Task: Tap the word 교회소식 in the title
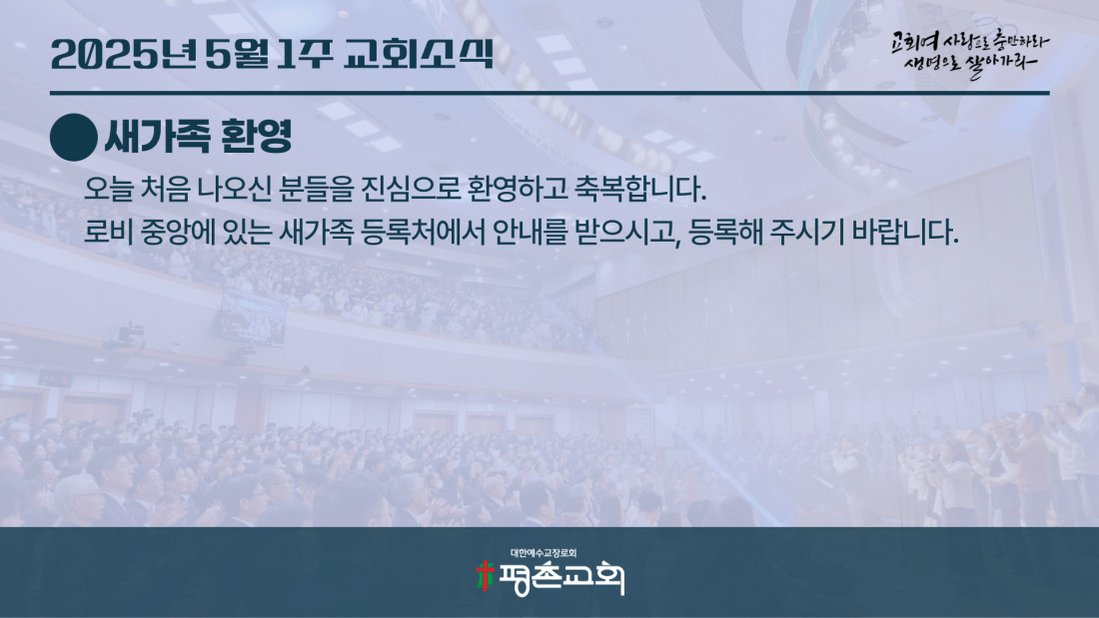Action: [x=420, y=54]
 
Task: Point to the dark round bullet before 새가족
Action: [x=74, y=138]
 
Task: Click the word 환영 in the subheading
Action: [x=256, y=136]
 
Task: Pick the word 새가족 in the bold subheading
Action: [x=159, y=136]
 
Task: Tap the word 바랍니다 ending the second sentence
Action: [x=905, y=232]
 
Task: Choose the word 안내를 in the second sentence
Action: [x=530, y=232]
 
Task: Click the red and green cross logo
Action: [x=485, y=576]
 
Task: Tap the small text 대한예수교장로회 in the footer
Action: [x=544, y=553]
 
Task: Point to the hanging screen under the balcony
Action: [x=253, y=316]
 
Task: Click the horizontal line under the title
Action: [x=549, y=93]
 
